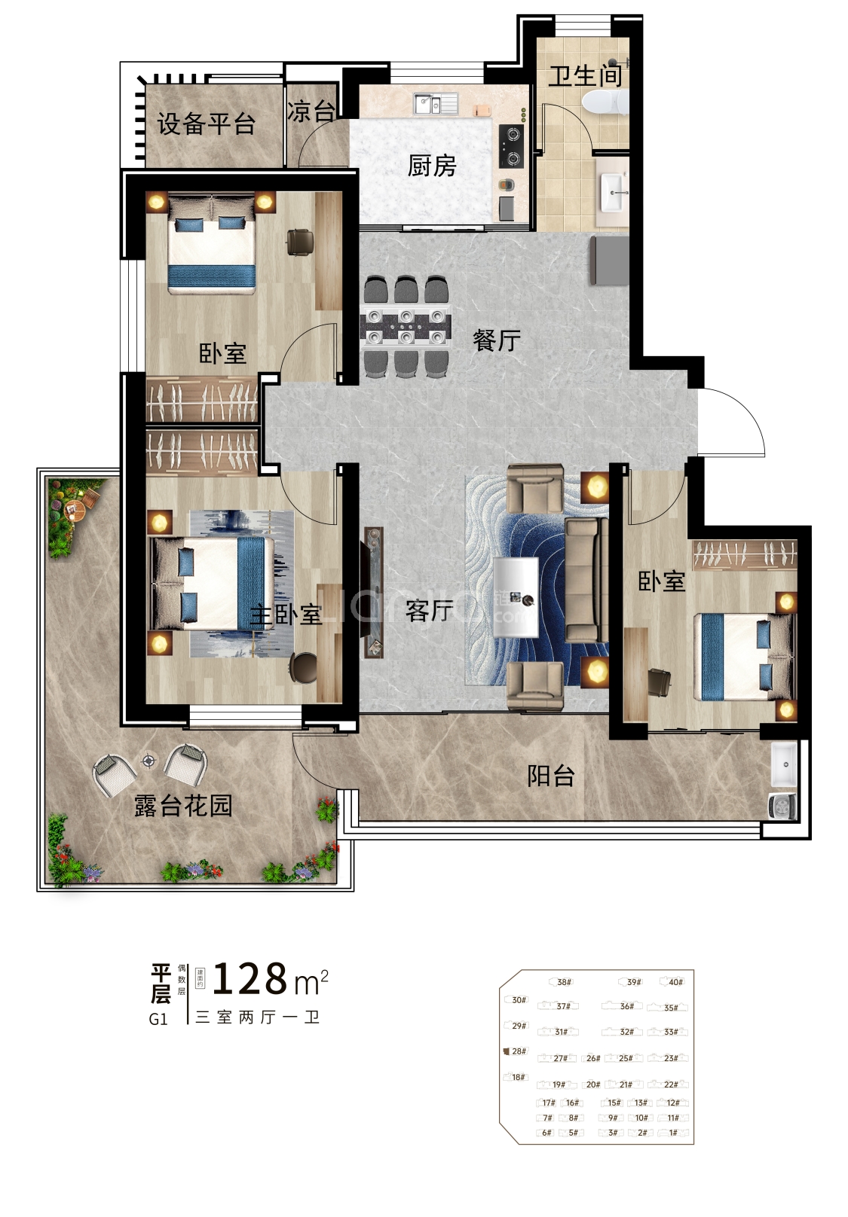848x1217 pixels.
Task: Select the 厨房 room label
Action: click(432, 166)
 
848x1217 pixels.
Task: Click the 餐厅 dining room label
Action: click(496, 340)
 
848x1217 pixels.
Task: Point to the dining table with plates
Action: click(406, 326)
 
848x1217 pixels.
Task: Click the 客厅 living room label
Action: click(429, 610)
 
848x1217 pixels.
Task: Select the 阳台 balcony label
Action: click(550, 776)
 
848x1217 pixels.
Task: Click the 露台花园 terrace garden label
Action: click(183, 806)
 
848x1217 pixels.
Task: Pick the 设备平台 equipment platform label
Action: click(206, 124)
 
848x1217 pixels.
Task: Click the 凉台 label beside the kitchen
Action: click(311, 111)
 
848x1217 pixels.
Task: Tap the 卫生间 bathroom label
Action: click(584, 75)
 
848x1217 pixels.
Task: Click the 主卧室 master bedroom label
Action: click(286, 615)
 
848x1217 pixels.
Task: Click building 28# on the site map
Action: click(519, 1051)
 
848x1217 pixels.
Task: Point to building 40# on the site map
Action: click(675, 982)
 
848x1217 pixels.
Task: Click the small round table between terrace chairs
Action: click(149, 761)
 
